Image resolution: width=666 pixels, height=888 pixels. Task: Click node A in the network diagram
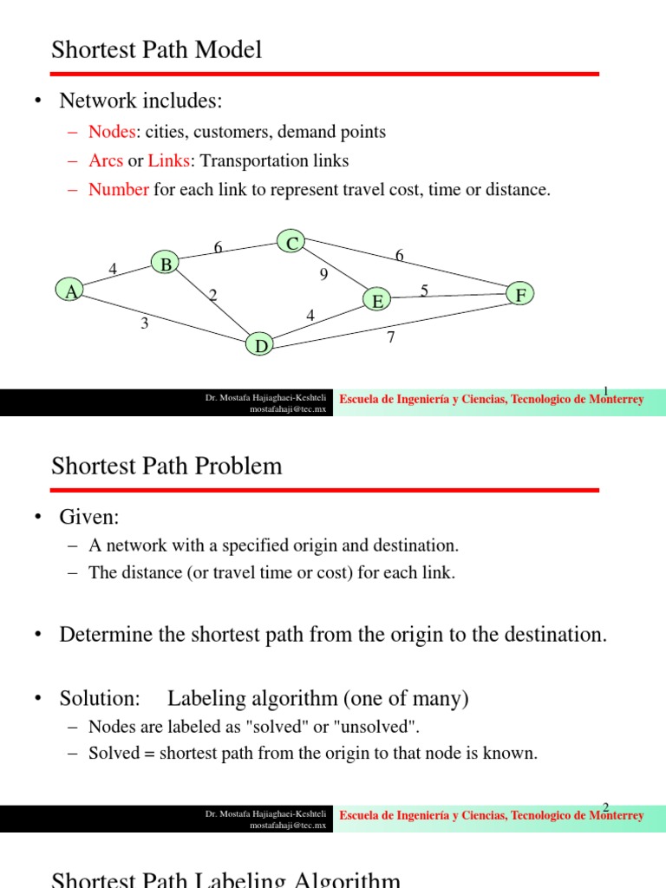70,291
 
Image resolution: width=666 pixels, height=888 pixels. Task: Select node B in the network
165,264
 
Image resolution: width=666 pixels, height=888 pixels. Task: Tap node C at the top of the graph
292,243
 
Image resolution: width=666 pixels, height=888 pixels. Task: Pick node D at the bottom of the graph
260,345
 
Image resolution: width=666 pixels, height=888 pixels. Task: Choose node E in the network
377,301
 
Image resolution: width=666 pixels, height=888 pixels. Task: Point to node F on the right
520,295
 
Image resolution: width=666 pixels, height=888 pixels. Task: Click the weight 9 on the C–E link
324,276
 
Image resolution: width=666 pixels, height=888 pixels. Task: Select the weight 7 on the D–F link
391,337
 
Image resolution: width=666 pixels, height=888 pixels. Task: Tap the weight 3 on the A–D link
145,324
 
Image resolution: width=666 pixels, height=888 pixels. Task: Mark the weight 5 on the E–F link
424,291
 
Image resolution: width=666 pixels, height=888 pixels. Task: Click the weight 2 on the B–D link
212,296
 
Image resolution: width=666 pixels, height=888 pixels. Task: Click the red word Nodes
112,132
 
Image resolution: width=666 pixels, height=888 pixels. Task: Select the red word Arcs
106,160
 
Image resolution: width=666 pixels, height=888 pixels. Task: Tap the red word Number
119,189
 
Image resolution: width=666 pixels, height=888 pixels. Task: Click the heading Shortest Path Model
156,50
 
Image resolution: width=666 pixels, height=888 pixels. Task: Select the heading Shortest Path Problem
166,466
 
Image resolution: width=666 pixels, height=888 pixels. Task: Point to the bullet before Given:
38,518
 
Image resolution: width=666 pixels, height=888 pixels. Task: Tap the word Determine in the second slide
104,635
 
